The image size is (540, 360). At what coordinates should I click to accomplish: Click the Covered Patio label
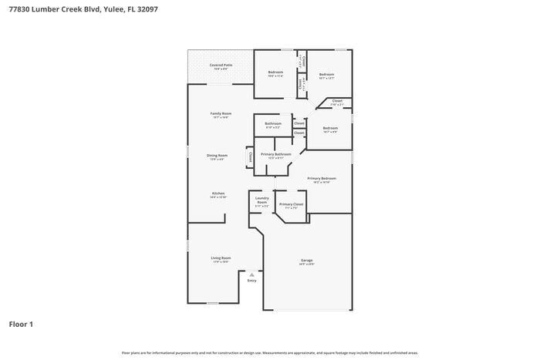[221, 65]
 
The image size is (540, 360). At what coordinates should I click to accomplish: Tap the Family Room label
[221, 113]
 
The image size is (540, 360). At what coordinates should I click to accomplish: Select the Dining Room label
[217, 155]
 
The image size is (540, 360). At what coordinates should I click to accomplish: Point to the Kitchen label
[218, 193]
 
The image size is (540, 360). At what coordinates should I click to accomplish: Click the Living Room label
[221, 257]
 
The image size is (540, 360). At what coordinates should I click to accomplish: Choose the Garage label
[306, 260]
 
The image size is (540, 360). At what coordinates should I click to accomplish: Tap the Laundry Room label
[262, 200]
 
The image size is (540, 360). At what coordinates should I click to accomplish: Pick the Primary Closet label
[292, 204]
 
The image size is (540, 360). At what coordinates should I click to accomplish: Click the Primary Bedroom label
[322, 178]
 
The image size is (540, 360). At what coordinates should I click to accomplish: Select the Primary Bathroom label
[275, 154]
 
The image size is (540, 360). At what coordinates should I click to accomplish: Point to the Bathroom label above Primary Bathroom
[273, 123]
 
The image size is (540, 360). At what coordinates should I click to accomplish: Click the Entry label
[251, 281]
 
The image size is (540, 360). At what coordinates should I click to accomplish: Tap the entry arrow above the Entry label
[251, 274]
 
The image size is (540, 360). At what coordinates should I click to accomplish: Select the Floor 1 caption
[21, 325]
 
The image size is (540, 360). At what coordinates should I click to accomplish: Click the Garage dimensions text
[306, 264]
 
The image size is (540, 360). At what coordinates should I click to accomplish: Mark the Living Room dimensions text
[221, 262]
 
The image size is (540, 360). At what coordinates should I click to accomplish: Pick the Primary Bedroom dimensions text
[322, 183]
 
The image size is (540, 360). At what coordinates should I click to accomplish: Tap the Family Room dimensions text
[221, 118]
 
